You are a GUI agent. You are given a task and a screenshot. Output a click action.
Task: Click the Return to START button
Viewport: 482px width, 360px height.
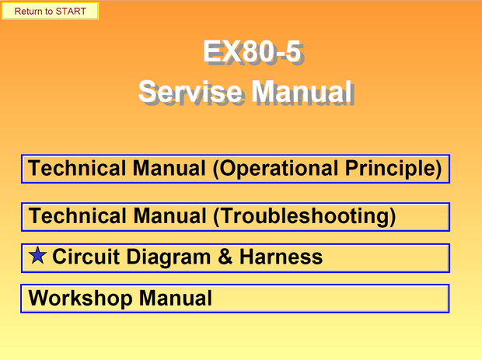[50, 11]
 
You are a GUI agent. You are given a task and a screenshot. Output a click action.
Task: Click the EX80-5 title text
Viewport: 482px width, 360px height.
[252, 51]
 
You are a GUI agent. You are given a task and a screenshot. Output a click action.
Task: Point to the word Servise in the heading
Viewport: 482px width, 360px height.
[190, 92]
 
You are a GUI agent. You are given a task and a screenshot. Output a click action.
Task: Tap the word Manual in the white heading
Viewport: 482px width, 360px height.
[302, 92]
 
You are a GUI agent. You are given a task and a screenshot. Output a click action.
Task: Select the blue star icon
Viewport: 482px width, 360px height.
[37, 256]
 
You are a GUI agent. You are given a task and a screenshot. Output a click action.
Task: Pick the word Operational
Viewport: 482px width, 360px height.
[275, 169]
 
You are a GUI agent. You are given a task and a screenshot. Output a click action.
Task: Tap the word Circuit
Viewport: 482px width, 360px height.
[86, 257]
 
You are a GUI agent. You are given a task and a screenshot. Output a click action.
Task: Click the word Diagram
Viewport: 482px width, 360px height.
[169, 257]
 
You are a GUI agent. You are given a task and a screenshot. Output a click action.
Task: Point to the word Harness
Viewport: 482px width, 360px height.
[281, 257]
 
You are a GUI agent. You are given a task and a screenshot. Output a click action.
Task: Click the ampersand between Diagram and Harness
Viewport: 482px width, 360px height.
[225, 257]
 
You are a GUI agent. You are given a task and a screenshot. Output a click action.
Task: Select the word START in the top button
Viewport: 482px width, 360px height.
[71, 12]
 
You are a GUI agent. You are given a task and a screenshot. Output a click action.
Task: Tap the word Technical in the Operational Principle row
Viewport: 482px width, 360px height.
[77, 168]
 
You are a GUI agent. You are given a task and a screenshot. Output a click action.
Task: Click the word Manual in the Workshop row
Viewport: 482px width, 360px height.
[176, 298]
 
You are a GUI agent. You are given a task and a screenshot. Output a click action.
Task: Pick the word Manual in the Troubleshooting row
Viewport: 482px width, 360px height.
[169, 216]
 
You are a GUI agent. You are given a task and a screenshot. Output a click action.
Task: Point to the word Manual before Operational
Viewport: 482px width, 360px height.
[169, 168]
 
